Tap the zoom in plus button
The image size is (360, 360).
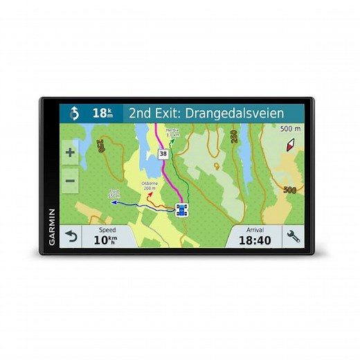70,152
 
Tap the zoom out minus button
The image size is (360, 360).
70,181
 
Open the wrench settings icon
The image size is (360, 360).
293,236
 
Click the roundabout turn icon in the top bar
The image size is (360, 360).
74,113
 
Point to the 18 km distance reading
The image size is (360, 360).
102,113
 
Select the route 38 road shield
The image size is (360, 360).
163,154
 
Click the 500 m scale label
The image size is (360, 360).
289,128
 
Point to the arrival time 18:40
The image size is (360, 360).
255,240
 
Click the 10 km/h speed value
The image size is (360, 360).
106,240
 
